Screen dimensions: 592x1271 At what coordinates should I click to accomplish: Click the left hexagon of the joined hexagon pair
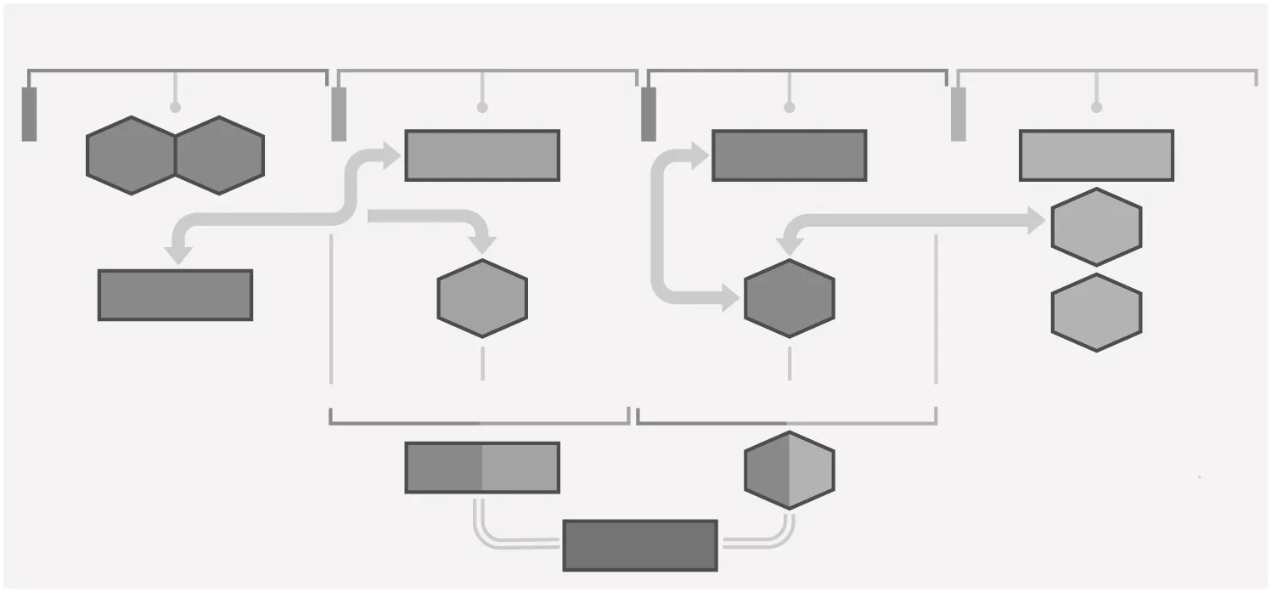pyautogui.click(x=131, y=155)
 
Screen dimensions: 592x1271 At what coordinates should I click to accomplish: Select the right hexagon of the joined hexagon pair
pyautogui.click(x=219, y=155)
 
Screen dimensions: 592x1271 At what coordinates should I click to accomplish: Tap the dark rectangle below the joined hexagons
pyautogui.click(x=175, y=295)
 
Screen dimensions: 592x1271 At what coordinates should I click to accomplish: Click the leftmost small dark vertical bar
pyautogui.click(x=29, y=114)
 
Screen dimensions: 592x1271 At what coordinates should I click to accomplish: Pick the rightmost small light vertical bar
pyautogui.click(x=958, y=114)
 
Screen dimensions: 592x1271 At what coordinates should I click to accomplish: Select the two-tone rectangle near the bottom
pyautogui.click(x=481, y=467)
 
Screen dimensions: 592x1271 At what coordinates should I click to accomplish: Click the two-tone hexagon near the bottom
pyautogui.click(x=789, y=470)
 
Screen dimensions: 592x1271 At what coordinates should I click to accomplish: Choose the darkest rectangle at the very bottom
pyautogui.click(x=639, y=545)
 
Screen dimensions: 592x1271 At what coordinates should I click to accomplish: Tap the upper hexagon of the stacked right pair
pyautogui.click(x=1095, y=227)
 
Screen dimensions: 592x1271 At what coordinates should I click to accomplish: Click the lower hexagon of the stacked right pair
pyautogui.click(x=1095, y=313)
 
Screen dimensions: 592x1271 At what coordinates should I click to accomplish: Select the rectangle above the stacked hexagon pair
pyautogui.click(x=1095, y=155)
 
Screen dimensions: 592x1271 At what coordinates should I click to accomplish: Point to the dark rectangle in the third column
pyautogui.click(x=789, y=155)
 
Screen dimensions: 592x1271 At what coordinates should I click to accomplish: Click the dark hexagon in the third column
pyautogui.click(x=789, y=297)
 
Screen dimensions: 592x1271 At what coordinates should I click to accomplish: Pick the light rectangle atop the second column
pyautogui.click(x=481, y=155)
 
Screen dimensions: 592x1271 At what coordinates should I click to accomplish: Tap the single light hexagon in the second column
pyautogui.click(x=481, y=297)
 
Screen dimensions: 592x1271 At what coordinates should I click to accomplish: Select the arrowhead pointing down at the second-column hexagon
pyautogui.click(x=482, y=244)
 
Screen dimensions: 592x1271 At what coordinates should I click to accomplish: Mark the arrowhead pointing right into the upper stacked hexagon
pyautogui.click(x=1036, y=221)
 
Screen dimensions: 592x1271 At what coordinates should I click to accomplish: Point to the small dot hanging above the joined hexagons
pyautogui.click(x=175, y=107)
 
